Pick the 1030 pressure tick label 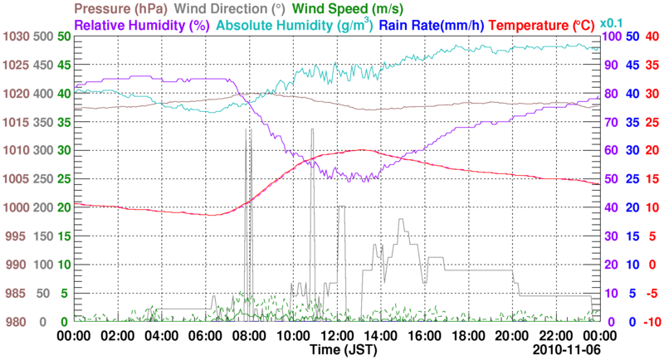pos(15,36)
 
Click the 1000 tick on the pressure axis pos(15,207)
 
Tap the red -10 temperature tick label pos(651,322)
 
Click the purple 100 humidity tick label pos(613,36)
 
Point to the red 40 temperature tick pos(652,36)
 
